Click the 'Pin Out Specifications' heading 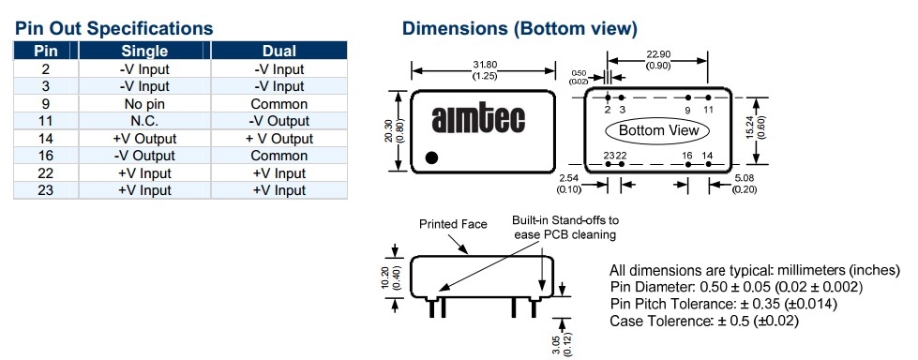point(113,28)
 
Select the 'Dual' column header point(279,51)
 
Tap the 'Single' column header point(144,51)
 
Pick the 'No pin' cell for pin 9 point(144,104)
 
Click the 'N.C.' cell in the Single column point(144,121)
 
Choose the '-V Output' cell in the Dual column point(279,121)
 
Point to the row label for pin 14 point(46,139)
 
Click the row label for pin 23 point(46,190)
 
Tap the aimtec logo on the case point(478,119)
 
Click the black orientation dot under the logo point(431,157)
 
